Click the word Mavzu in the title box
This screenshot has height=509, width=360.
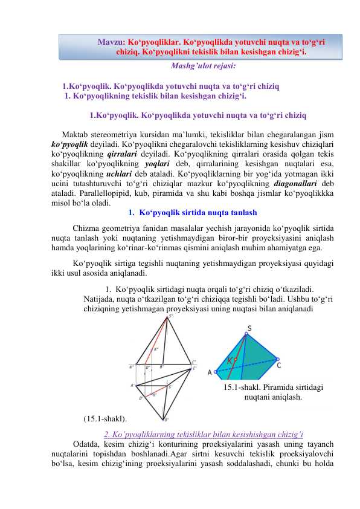pyautogui.click(x=112, y=43)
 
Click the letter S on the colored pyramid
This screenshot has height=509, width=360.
pyautogui.click(x=249, y=329)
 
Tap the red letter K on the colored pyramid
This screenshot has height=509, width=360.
pyautogui.click(x=231, y=361)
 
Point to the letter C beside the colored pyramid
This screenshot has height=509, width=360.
pyautogui.click(x=278, y=365)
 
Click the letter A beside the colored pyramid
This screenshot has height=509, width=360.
pyautogui.click(x=210, y=373)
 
